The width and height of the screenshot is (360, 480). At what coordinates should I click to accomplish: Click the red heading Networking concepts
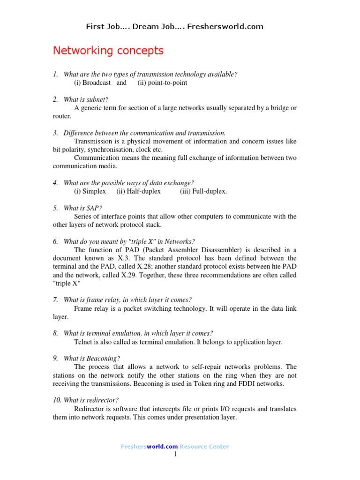tap(108, 51)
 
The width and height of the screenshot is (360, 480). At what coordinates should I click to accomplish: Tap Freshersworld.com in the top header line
tap(225, 26)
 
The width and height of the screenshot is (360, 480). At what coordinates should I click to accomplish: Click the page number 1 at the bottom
tap(175, 454)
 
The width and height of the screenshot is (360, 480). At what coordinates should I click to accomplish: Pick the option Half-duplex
tap(139, 191)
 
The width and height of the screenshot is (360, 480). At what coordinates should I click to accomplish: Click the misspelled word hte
tap(275, 267)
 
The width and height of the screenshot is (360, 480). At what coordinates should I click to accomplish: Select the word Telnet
tap(84, 342)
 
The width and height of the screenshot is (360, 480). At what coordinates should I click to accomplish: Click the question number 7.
tap(55, 300)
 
